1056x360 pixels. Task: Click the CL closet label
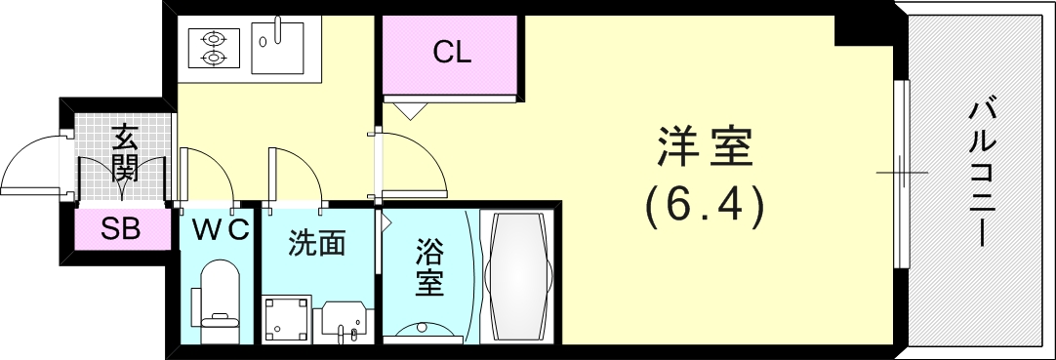(x=452, y=53)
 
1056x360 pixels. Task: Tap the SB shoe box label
(x=122, y=230)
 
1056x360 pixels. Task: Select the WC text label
(x=220, y=230)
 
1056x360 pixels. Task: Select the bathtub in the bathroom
(x=519, y=277)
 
